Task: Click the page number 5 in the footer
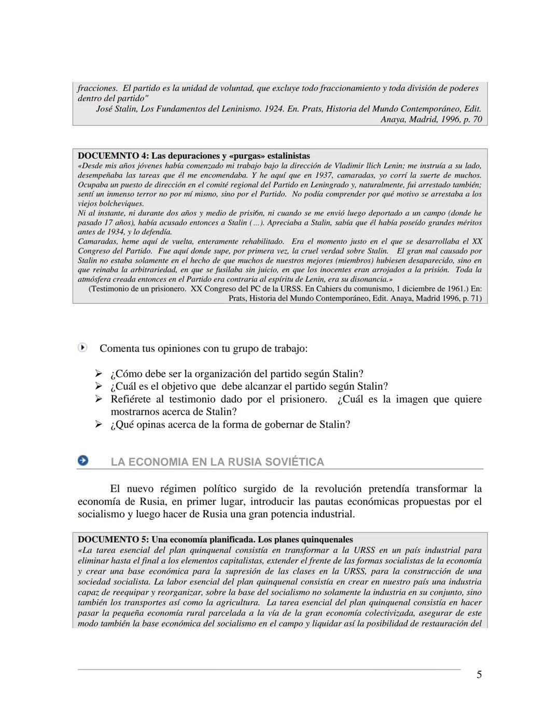click(479, 674)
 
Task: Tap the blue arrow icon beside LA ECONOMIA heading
click(82, 460)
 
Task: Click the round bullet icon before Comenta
click(82, 348)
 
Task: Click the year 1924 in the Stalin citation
click(273, 109)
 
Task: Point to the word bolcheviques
click(110, 204)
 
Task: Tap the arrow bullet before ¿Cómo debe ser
click(99, 374)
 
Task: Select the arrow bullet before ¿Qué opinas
click(99, 424)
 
